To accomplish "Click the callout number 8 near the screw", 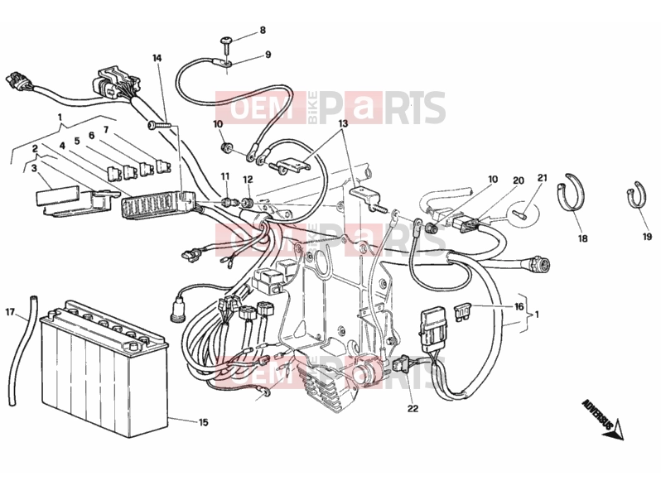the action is click(x=263, y=31).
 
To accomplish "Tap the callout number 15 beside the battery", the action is click(x=203, y=422).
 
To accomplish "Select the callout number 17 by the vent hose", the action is click(x=10, y=312).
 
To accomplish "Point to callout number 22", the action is click(x=413, y=408).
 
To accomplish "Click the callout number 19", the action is click(x=647, y=237).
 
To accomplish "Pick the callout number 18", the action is click(x=582, y=238).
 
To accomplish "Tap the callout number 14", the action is click(x=157, y=58).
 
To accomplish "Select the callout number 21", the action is click(x=542, y=178).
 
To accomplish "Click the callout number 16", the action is click(x=519, y=306).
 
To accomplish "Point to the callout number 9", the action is click(x=268, y=55).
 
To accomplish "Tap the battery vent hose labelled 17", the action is click(x=21, y=351).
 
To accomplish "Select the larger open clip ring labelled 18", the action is click(x=572, y=193).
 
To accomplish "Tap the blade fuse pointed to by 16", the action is click(x=462, y=310).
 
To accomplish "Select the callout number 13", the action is click(x=343, y=123).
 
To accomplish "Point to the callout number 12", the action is click(x=248, y=180).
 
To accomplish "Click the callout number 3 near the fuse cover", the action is click(x=34, y=168).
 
